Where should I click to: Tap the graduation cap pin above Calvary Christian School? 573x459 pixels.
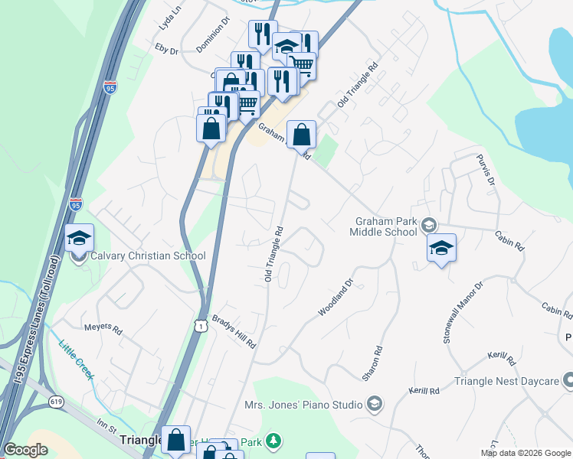(79, 239)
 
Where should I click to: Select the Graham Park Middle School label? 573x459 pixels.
(384, 226)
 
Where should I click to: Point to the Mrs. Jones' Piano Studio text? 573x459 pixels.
(303, 404)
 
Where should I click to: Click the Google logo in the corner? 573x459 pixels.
(25, 450)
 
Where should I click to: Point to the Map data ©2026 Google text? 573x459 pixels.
(525, 453)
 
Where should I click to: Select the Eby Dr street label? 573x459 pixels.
(166, 50)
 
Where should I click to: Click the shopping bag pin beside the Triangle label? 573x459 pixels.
(176, 440)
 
